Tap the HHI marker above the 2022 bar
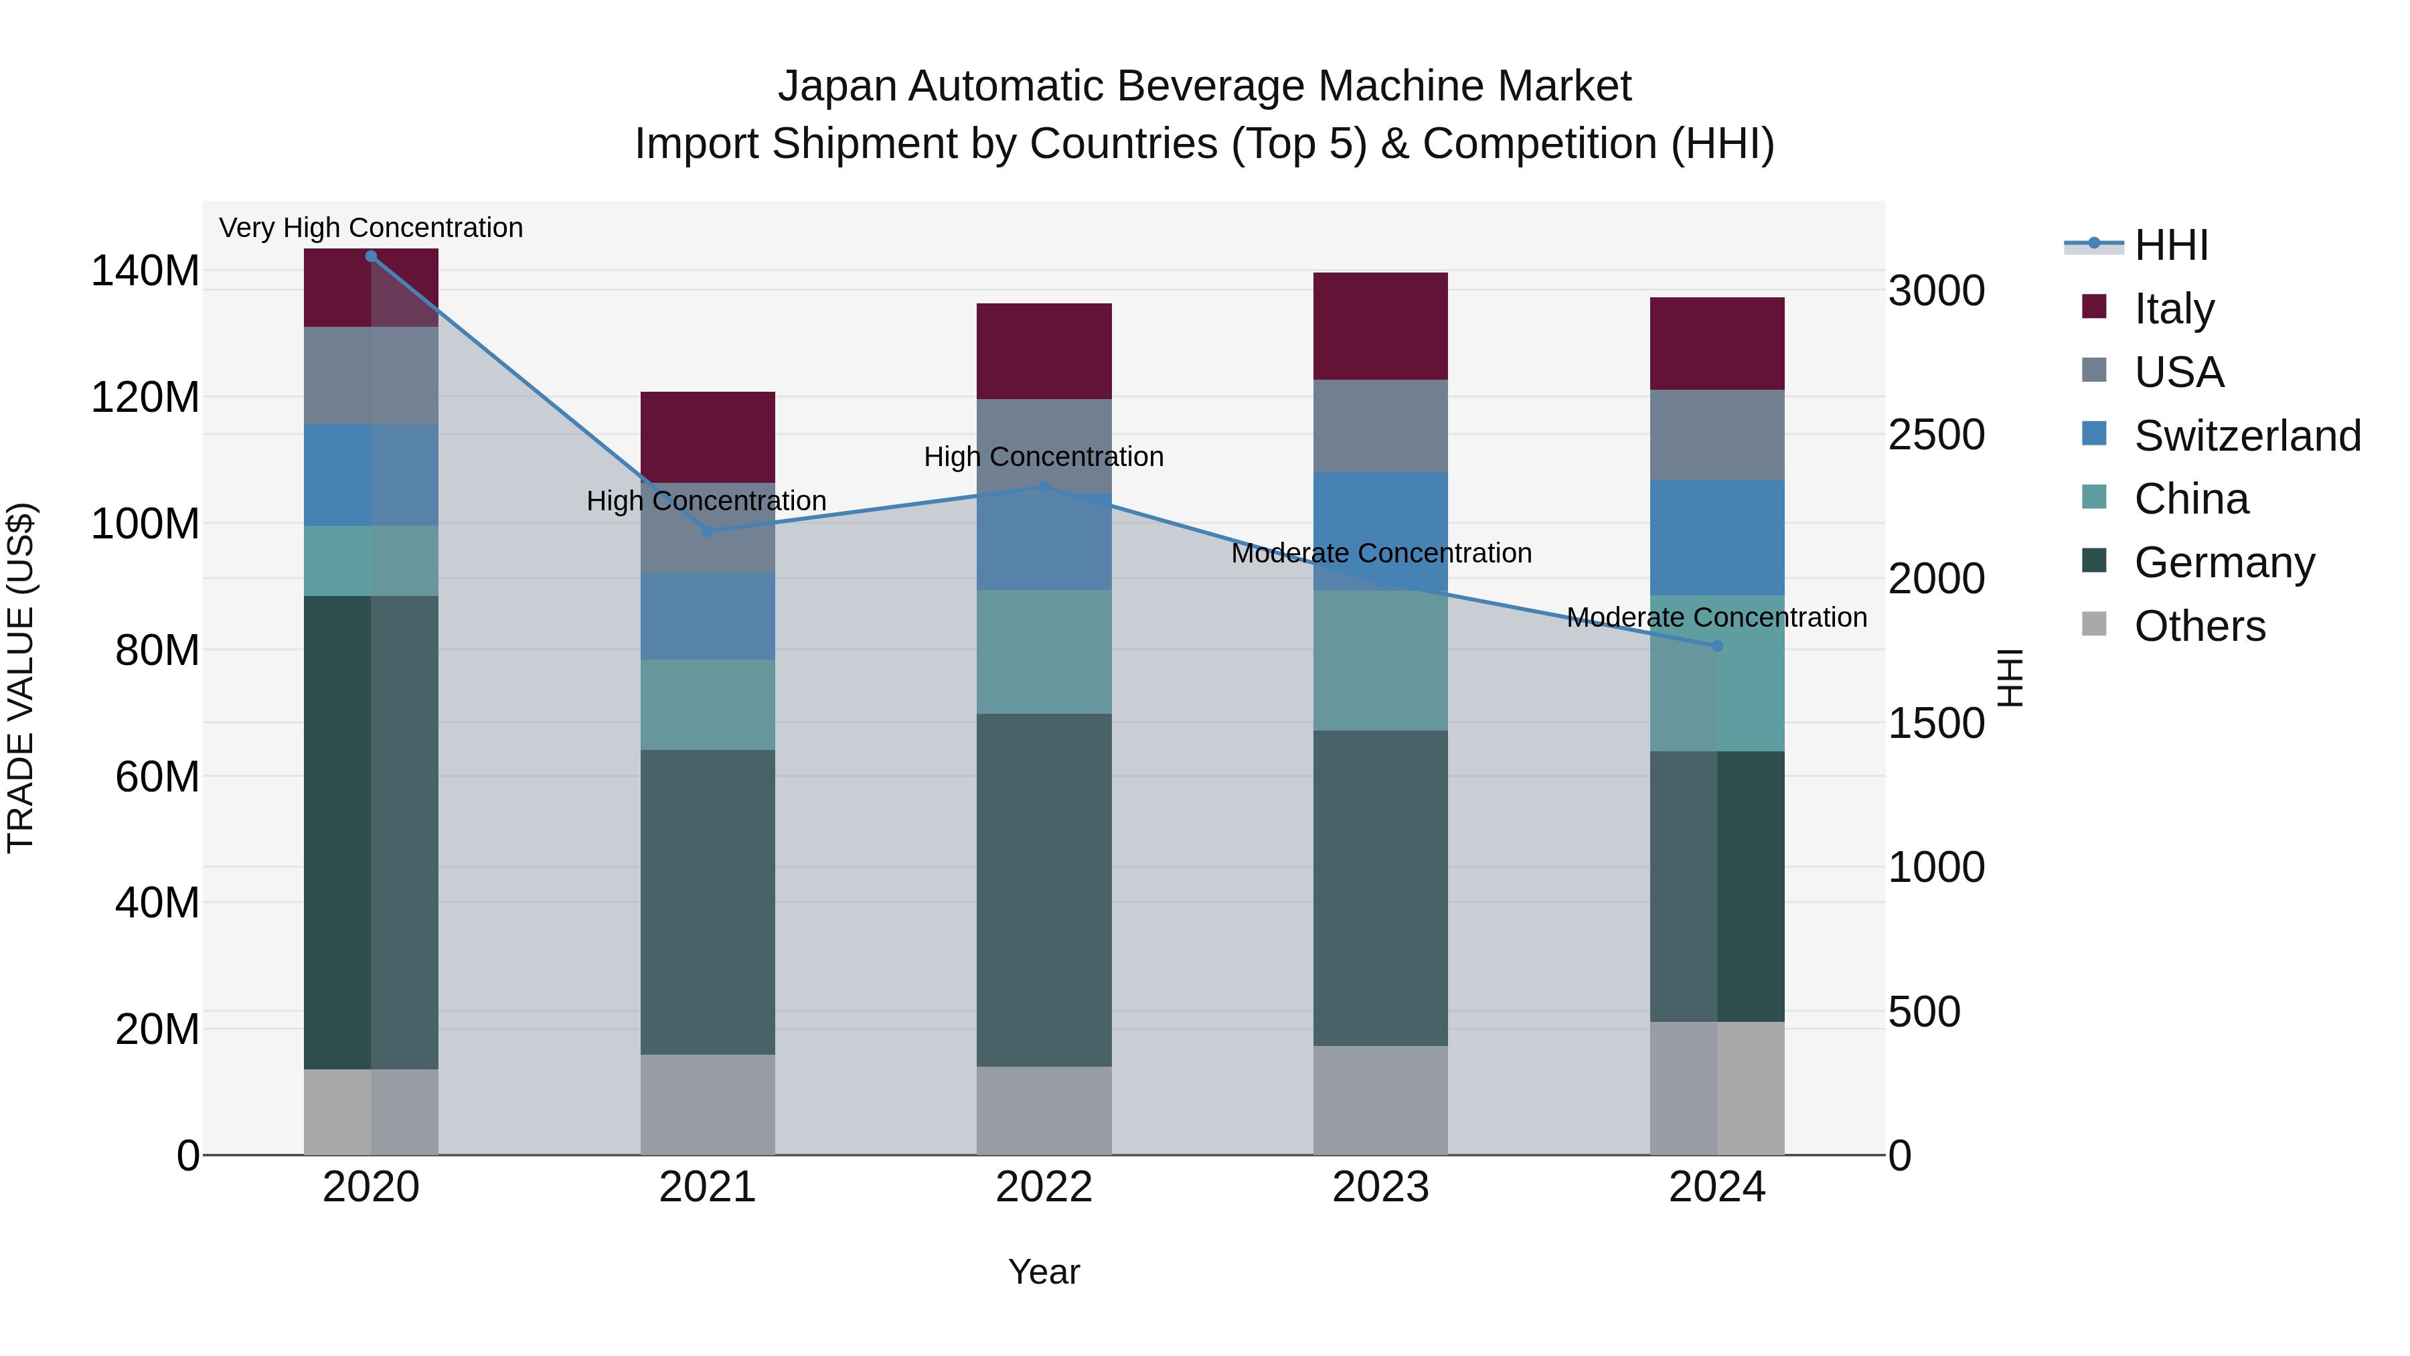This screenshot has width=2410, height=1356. coord(1044,487)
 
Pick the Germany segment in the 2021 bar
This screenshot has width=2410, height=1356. coord(708,901)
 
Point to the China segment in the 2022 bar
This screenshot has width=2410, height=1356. coord(1044,652)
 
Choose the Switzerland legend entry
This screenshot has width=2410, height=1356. coord(2245,436)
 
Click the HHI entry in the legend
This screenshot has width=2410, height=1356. coord(2170,245)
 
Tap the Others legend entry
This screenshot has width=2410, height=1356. coord(2198,626)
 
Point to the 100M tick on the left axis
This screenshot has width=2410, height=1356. coord(145,524)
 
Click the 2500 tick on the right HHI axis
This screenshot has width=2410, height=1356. coord(1935,435)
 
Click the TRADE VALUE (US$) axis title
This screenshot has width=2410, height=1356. coord(21,678)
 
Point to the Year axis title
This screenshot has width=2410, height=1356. coord(1044,1272)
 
